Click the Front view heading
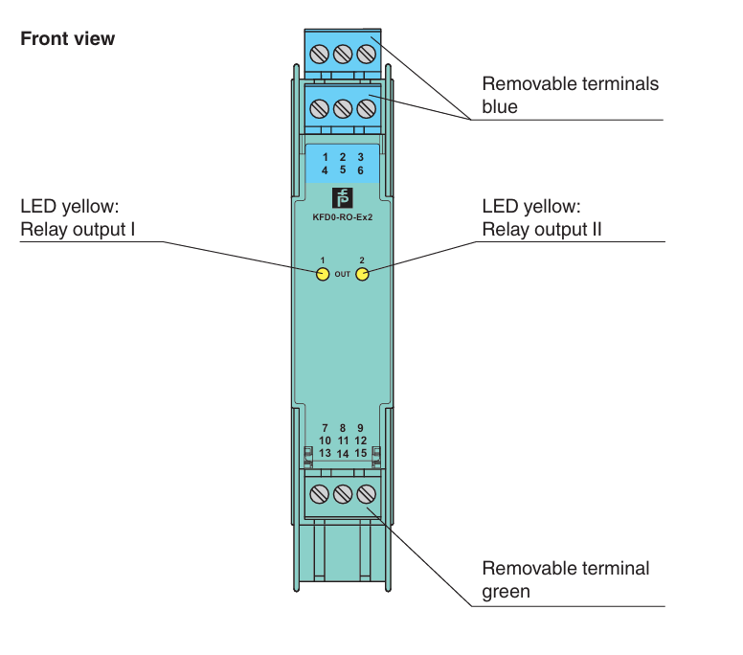(67, 38)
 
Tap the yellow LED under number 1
(323, 274)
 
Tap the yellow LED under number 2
(362, 274)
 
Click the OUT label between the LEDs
(342, 274)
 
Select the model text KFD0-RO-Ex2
(342, 217)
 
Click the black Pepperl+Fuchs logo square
(342, 198)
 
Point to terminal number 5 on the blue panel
(343, 169)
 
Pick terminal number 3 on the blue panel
(360, 157)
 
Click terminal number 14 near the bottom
(343, 454)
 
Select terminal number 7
(325, 428)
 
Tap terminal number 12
(361, 440)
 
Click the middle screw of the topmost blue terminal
(343, 54)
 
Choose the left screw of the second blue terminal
(320, 108)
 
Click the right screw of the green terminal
(367, 494)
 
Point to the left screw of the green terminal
(320, 494)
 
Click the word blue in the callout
(500, 106)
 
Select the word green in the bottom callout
(506, 592)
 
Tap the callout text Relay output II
(542, 230)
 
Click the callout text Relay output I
(78, 230)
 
